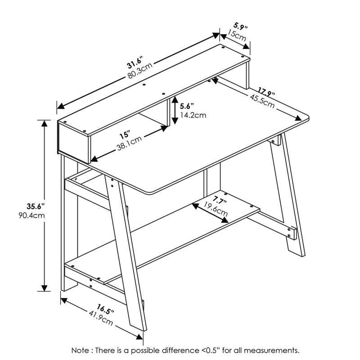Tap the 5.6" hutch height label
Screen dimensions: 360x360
(186, 106)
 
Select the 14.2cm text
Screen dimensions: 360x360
(193, 115)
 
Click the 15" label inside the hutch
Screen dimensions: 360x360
(125, 135)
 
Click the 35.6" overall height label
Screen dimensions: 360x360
(35, 207)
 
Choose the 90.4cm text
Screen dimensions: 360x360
(35, 215)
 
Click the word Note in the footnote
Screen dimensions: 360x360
(80, 350)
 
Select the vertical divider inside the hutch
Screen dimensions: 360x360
(170, 111)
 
